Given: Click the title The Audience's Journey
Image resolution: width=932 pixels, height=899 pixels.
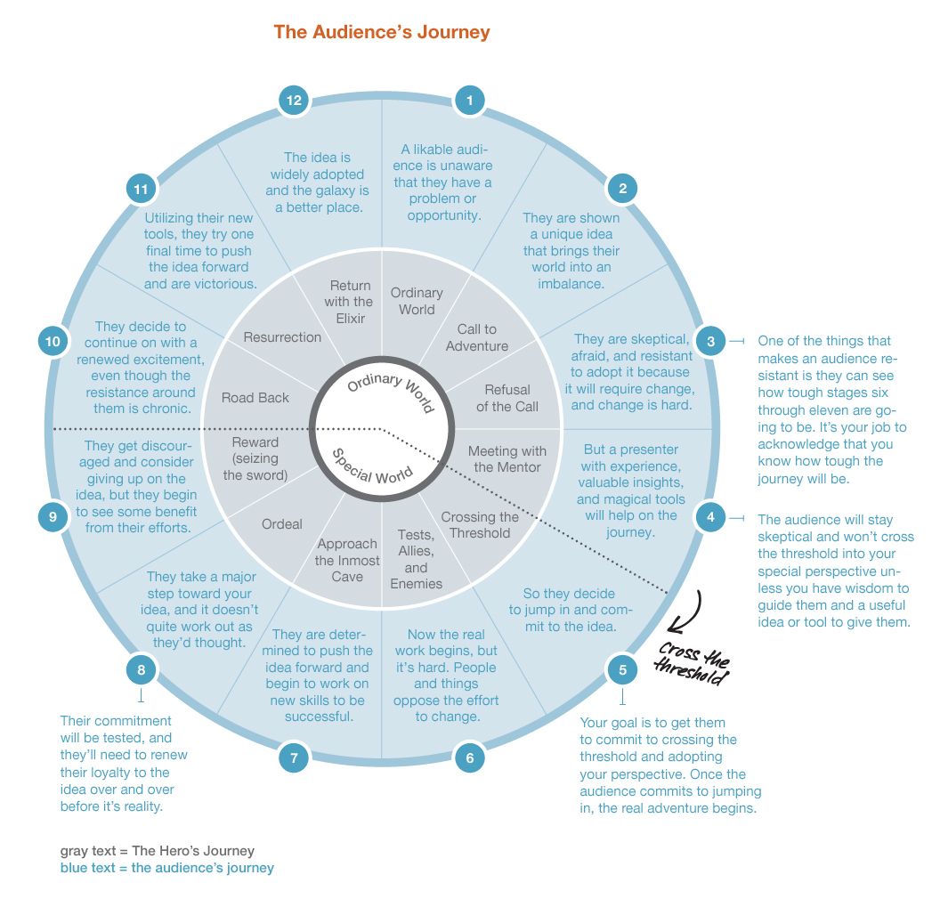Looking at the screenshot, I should coord(382,32).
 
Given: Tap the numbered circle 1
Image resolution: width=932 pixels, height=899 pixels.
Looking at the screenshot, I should coord(470,101).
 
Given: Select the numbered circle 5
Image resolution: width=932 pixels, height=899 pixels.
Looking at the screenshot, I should coord(622,669).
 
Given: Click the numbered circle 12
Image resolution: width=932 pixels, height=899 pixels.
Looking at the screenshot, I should coord(294,101).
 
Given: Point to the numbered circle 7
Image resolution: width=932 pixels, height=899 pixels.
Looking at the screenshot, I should coord(294,758).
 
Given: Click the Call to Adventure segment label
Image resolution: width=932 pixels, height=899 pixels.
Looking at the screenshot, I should coord(477,337).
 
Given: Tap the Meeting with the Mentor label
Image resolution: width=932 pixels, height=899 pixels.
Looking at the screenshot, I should coord(507,459).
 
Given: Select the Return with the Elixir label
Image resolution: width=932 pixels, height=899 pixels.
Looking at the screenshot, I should coord(350,302).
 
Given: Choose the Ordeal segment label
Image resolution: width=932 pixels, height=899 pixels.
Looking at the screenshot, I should coord(282,524).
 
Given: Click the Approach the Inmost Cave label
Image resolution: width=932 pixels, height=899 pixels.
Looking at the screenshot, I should coord(347,560).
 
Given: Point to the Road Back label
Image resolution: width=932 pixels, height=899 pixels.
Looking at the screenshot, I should coord(255,398).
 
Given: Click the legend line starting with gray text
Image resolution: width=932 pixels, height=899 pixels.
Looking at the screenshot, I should coord(157,851).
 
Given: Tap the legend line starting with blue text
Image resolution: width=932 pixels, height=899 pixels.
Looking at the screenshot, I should coord(167,868).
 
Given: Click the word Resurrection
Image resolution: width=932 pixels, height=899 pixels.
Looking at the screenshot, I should coord(282,337).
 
